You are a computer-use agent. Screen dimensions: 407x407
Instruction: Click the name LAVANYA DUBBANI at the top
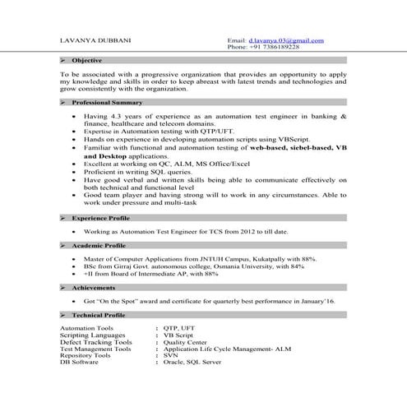93,39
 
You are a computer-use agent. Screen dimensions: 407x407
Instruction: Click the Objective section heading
86,61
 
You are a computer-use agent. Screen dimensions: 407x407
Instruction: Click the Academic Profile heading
99,245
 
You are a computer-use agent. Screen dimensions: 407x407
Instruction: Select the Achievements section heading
93,287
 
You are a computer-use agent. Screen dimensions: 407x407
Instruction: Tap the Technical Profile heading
99,314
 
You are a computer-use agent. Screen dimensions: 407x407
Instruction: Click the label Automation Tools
88,328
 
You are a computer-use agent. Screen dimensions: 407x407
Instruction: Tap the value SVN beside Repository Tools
172,354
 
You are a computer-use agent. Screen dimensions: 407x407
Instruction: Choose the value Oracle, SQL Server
193,361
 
